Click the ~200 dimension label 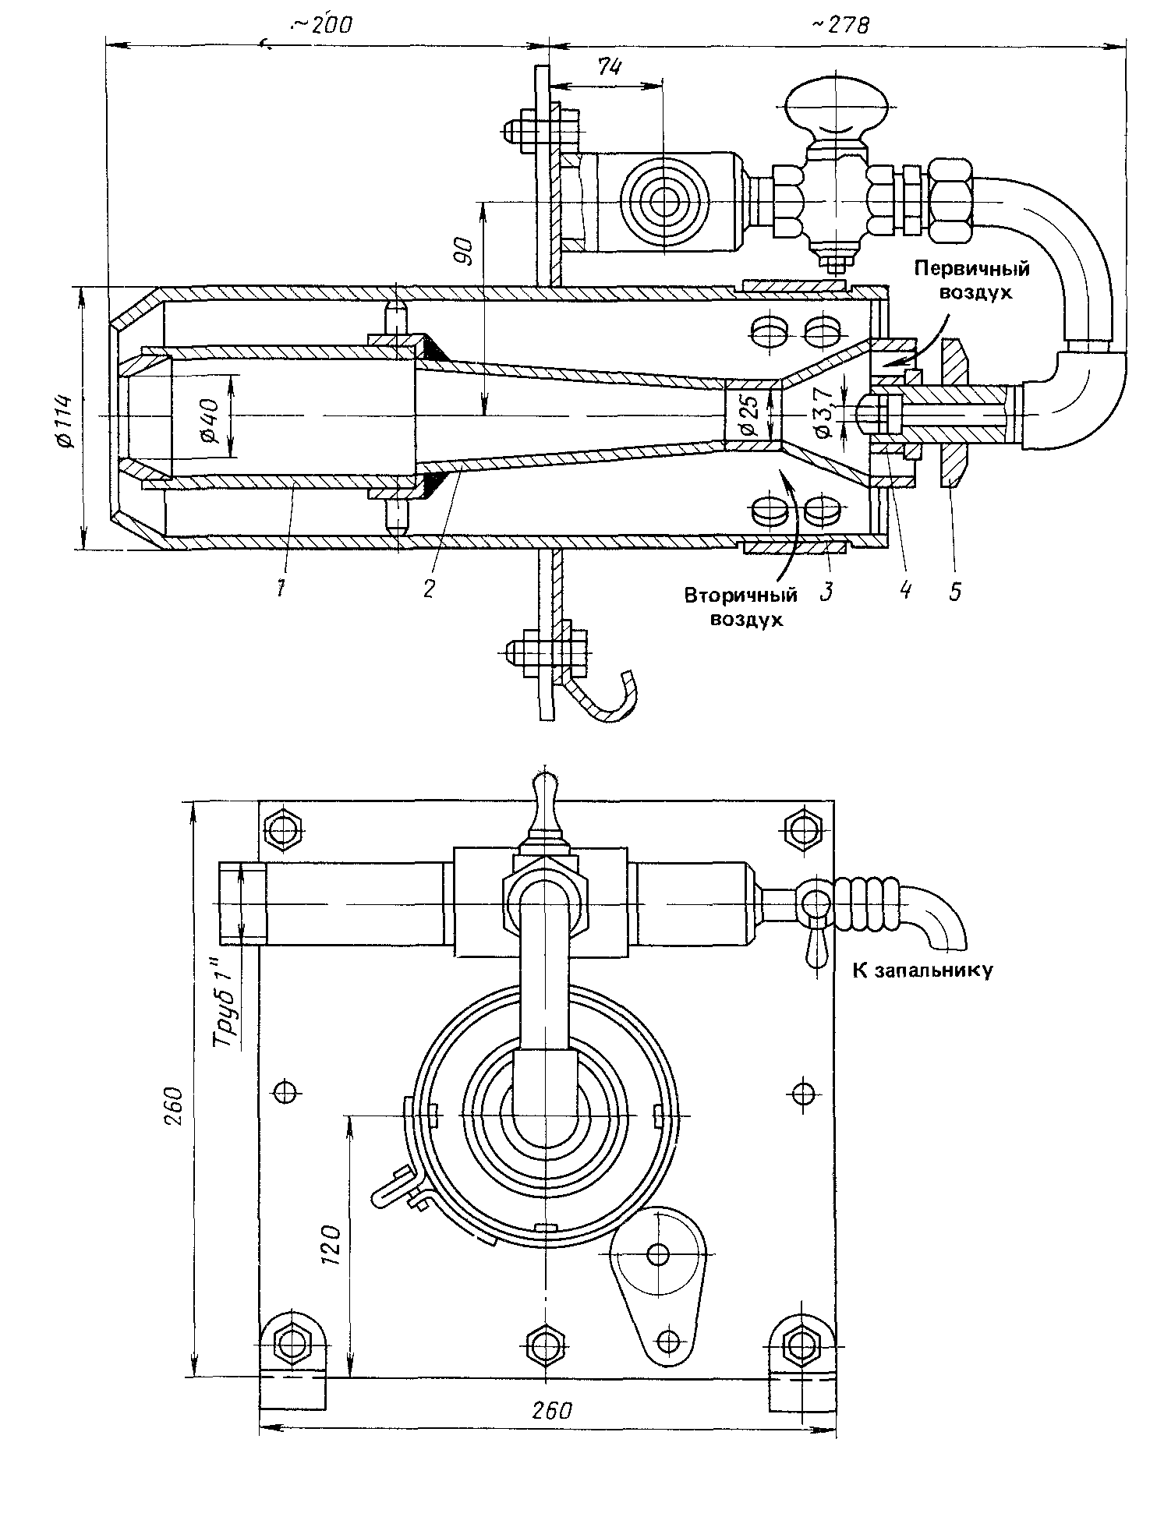pos(320,27)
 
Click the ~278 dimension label pos(840,26)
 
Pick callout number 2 pos(428,587)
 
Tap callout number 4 pos(904,589)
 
